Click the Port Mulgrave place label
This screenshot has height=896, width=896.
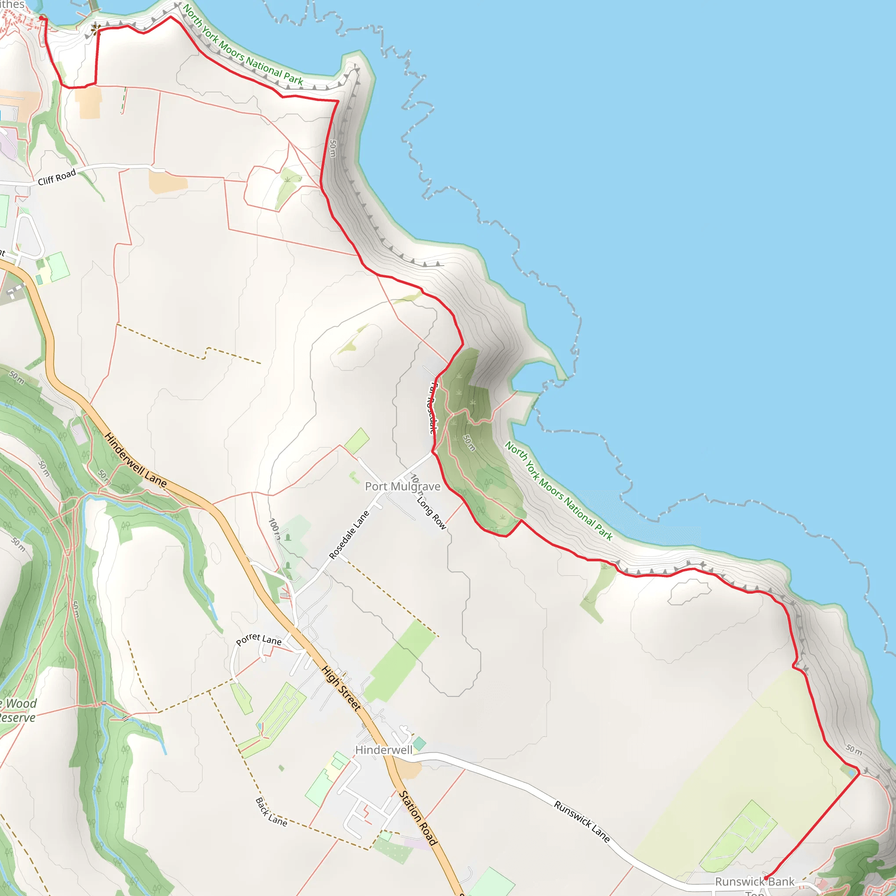pyautogui.click(x=402, y=486)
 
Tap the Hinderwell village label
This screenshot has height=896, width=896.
pyautogui.click(x=384, y=750)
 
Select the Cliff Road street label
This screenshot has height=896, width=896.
pyautogui.click(x=56, y=177)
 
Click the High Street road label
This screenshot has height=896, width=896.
pyautogui.click(x=341, y=688)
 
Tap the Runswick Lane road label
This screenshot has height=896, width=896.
pyautogui.click(x=581, y=821)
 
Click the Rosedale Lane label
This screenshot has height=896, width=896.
pyautogui.click(x=349, y=535)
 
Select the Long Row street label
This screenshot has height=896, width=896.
pyautogui.click(x=431, y=513)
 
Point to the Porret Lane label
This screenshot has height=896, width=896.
pyautogui.click(x=259, y=640)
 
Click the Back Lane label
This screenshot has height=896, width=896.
pyautogui.click(x=271, y=812)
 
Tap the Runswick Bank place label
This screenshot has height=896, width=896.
pyautogui.click(x=755, y=882)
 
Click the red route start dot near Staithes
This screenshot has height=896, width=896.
pyautogui.click(x=42, y=18)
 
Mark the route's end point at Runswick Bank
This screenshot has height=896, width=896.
pyautogui.click(x=766, y=878)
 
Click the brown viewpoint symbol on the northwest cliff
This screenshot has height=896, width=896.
pyautogui.click(x=95, y=30)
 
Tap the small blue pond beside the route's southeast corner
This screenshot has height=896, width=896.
pyautogui.click(x=851, y=772)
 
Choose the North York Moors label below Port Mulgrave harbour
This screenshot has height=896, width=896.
pyautogui.click(x=559, y=491)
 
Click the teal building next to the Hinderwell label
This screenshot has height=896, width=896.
pyautogui.click(x=419, y=744)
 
